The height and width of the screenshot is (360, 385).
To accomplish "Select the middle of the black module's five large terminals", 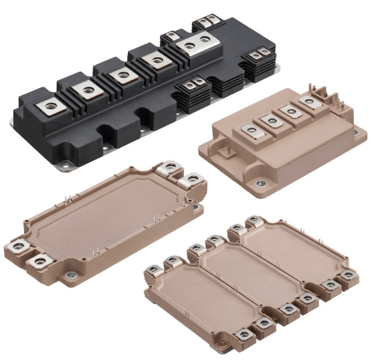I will (x=121, y=74).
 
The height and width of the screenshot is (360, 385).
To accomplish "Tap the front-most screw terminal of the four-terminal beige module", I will (x=250, y=131).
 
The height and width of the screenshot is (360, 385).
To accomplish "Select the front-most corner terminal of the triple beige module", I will (x=244, y=333).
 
